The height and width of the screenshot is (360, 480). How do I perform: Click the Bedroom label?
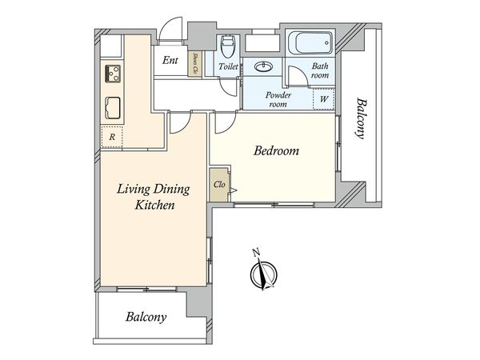click(x=276, y=150)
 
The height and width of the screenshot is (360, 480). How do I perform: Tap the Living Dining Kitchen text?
click(x=154, y=197)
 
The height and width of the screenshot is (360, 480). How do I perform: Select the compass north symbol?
click(x=263, y=270)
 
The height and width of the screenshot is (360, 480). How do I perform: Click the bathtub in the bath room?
click(x=310, y=42)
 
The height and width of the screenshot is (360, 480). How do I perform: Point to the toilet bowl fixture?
click(x=227, y=46)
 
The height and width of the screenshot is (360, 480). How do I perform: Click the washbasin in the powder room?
click(x=262, y=66)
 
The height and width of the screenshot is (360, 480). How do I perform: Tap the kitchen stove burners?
click(x=113, y=74)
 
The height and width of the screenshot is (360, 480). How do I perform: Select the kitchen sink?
click(x=113, y=108)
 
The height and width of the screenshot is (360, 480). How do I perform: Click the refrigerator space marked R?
click(x=112, y=137)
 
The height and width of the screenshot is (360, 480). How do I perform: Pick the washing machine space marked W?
click(x=323, y=99)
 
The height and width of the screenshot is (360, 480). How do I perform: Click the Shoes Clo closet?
click(x=194, y=63)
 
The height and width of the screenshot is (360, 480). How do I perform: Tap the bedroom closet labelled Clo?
click(x=219, y=184)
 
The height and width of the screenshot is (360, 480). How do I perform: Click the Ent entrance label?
click(x=170, y=60)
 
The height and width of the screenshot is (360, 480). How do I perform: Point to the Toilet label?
click(x=228, y=66)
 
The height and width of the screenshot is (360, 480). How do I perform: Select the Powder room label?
click(x=278, y=99)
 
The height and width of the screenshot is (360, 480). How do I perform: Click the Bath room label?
click(x=320, y=70)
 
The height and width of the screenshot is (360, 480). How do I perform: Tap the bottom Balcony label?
click(x=146, y=317)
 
